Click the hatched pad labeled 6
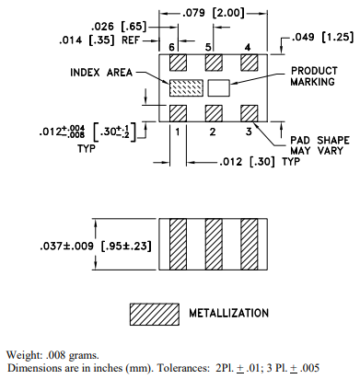(x=178, y=63)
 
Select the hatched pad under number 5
(x=214, y=63)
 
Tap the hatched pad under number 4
(x=250, y=63)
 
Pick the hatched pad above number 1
(x=178, y=113)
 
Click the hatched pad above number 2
(x=214, y=113)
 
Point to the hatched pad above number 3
(x=250, y=113)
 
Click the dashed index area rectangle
(x=186, y=87)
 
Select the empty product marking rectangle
(x=219, y=87)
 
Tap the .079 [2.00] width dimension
(x=214, y=13)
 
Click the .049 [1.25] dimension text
(x=322, y=37)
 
